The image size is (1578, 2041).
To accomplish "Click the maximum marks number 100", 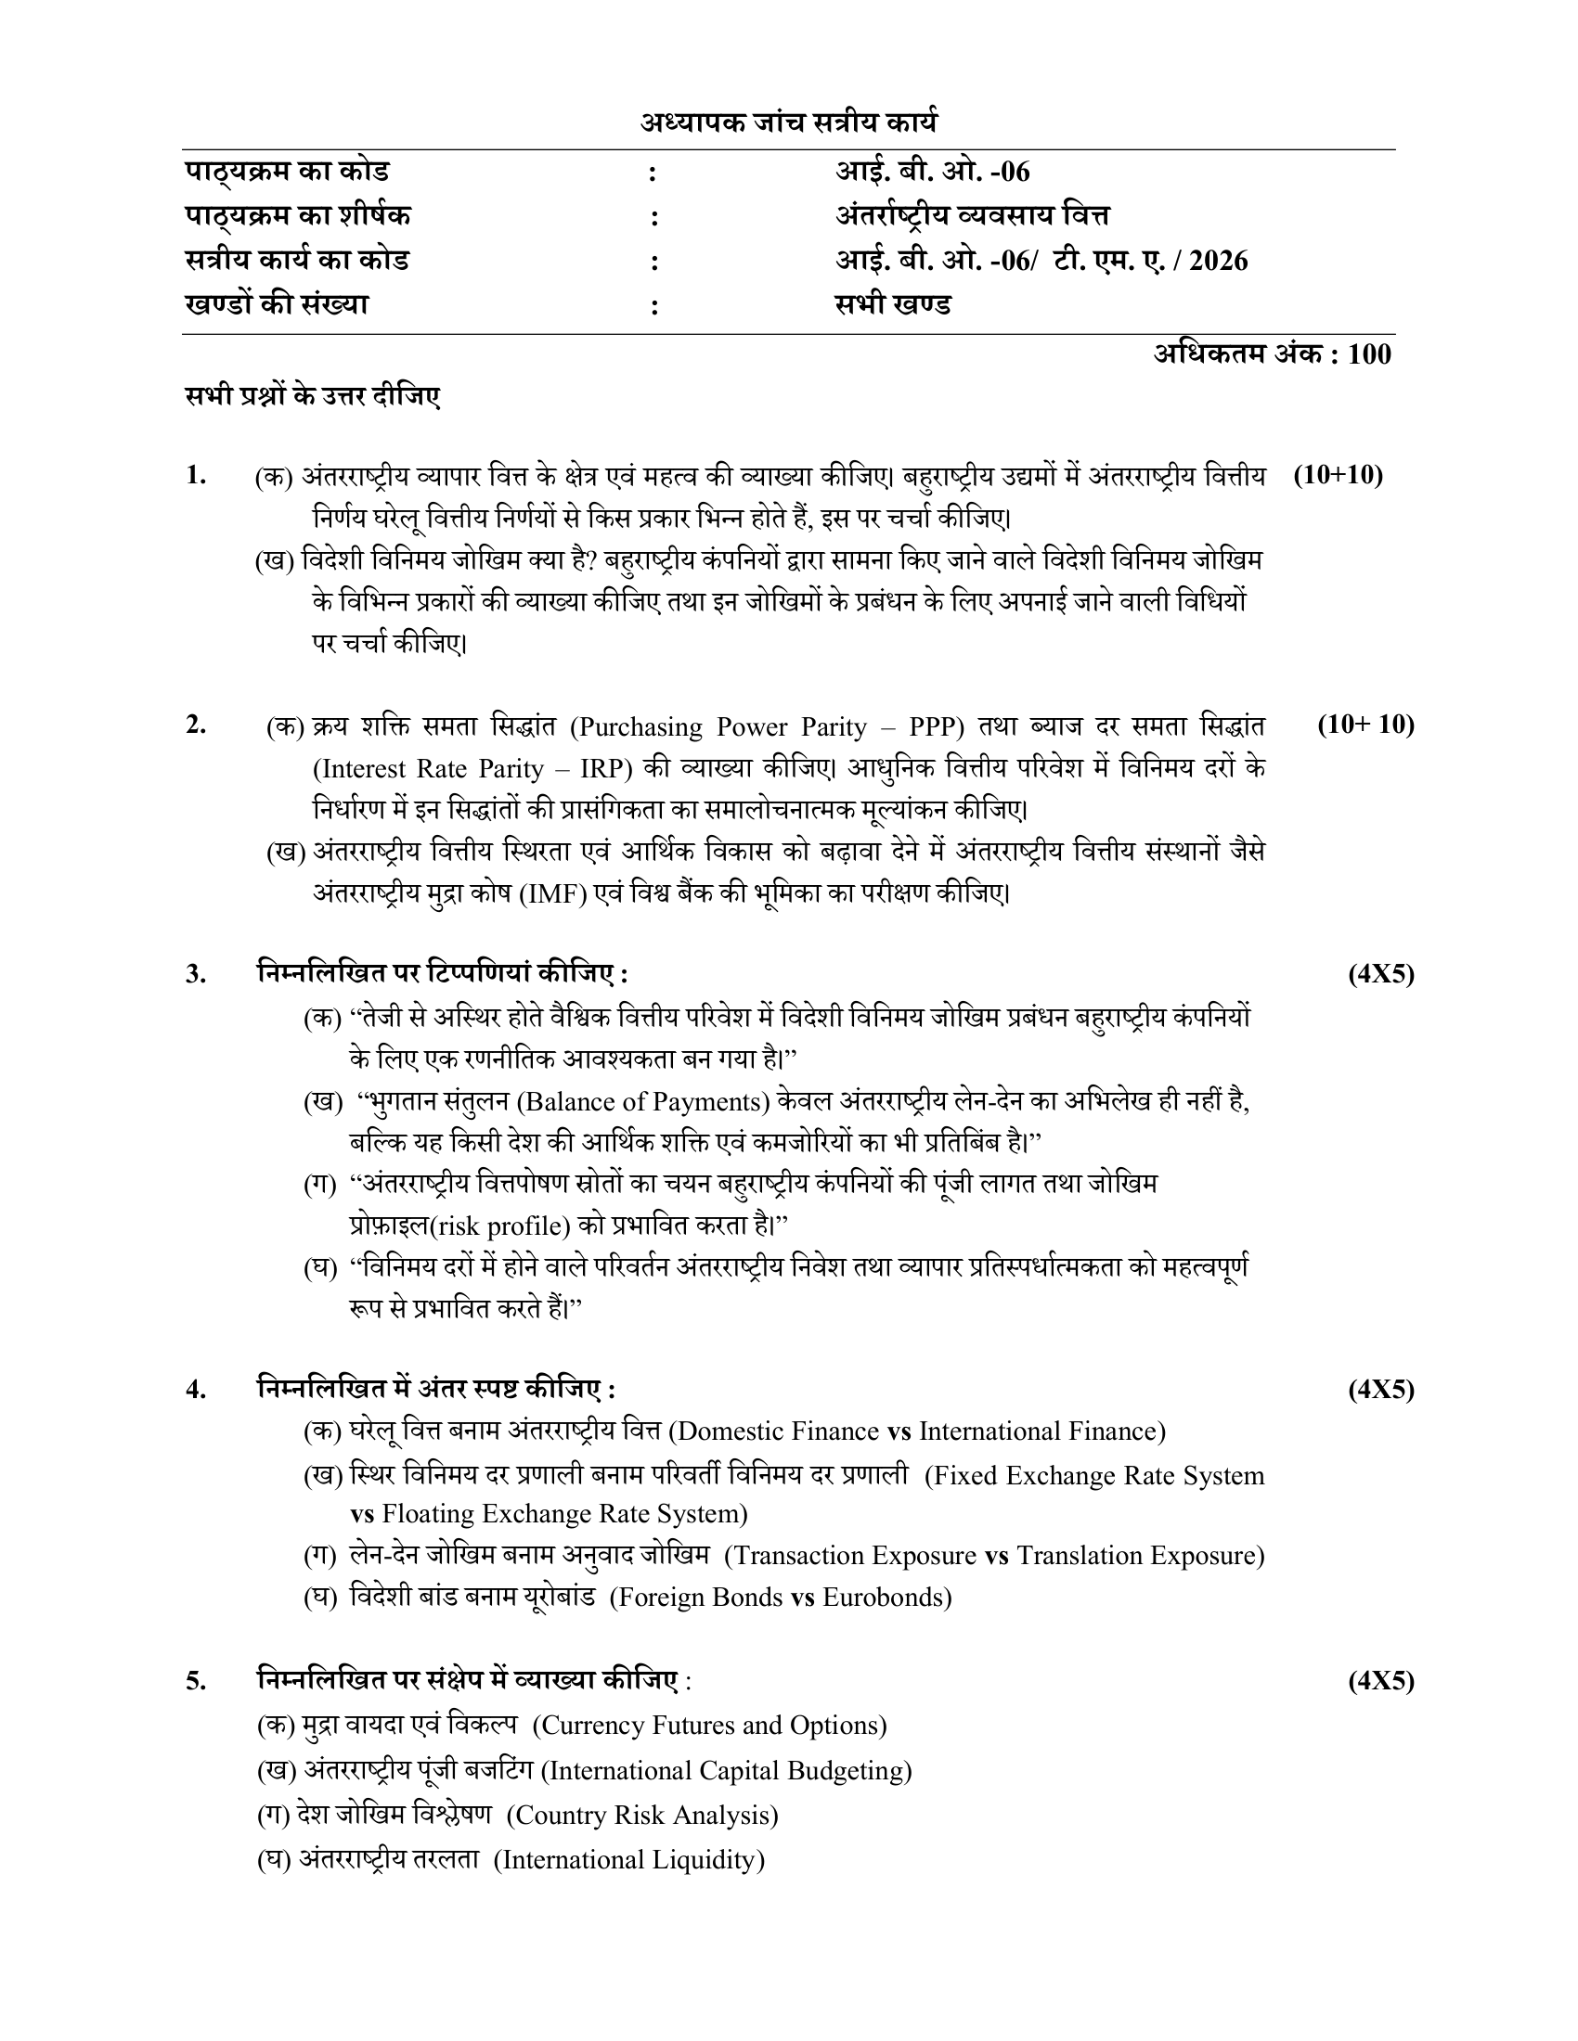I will coord(1369,354).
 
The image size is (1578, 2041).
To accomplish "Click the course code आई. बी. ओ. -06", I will coord(932,172).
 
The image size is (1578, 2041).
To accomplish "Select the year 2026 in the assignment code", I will coord(1219,260).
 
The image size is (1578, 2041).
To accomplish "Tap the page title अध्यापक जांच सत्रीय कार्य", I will coord(788,122).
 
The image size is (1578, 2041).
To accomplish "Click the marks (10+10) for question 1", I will coord(1338,475).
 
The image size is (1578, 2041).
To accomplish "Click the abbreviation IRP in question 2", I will coord(607,768).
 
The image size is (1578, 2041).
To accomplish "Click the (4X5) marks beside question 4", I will coord(1381,1390).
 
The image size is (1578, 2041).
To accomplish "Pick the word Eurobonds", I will coord(883,1598).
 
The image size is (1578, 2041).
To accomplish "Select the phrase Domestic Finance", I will coord(775,1431).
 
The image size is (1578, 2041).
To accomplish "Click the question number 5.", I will coord(196,1681).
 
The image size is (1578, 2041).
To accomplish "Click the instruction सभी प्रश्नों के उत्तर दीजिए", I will coord(312,396).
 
